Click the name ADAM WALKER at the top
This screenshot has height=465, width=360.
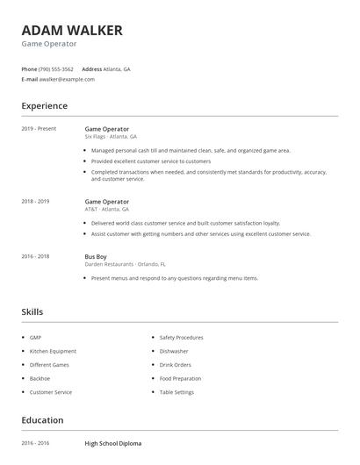72,30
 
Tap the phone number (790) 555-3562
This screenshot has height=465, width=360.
57,68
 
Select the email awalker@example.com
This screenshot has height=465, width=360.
68,79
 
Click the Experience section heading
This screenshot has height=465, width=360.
44,106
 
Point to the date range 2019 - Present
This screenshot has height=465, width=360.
39,129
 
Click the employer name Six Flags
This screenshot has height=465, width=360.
94,137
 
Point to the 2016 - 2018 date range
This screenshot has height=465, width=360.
35,256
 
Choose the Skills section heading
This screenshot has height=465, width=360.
32,311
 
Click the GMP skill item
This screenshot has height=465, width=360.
35,338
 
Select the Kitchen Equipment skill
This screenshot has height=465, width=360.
53,351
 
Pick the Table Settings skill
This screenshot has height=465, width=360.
176,392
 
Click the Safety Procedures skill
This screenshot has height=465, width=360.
181,338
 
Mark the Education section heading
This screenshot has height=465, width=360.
42,420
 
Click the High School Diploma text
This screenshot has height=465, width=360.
112,444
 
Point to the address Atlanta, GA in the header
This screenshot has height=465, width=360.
117,68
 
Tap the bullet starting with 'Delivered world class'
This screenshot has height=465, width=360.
185,223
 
